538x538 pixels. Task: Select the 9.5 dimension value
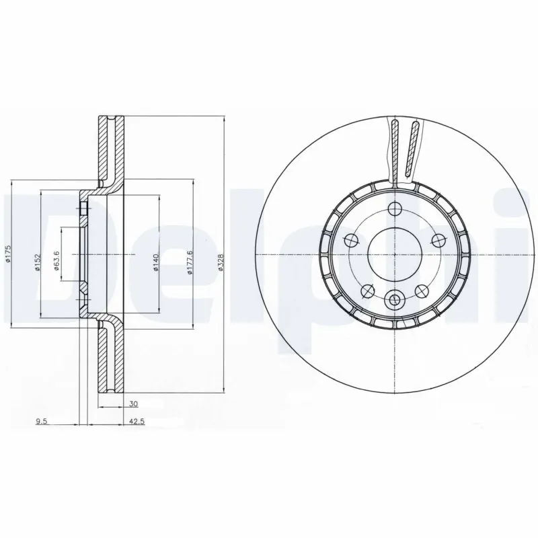(42, 423)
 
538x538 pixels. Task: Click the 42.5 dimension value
(137, 423)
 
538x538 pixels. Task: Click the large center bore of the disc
(394, 254)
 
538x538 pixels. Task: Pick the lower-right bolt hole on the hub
(420, 291)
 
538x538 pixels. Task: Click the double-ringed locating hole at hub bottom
(394, 299)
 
